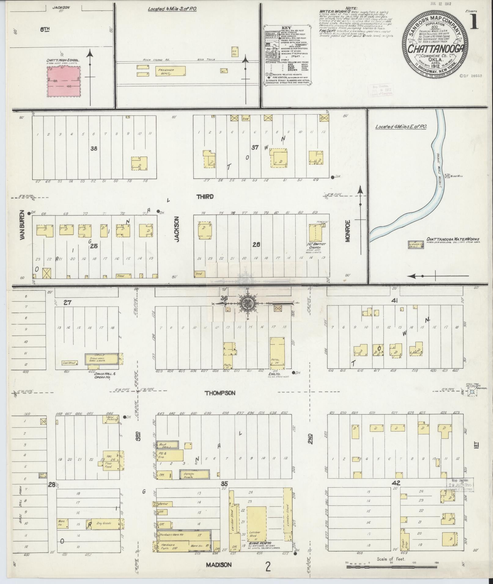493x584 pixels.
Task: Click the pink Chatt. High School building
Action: pos(64,82)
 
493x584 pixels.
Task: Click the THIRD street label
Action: pos(205,197)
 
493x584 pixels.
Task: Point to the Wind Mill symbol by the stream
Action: pos(448,176)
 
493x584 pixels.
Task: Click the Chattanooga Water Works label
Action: pos(453,239)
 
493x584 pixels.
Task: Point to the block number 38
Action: pos(94,148)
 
